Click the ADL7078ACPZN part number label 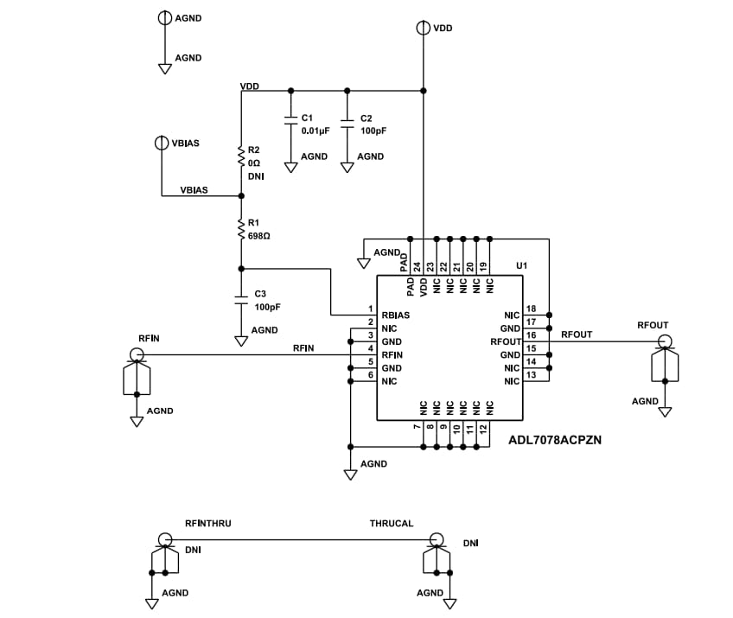555,439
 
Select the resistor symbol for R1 241,228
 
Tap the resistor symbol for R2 241,156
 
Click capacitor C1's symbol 290,123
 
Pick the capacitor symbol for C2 347,123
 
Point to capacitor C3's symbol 241,299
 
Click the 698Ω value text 260,235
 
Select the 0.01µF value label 316,131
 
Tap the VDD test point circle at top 423,28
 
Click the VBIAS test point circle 162,143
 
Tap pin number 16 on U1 531,334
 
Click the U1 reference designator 521,265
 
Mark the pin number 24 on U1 417,267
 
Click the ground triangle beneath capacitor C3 241,341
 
